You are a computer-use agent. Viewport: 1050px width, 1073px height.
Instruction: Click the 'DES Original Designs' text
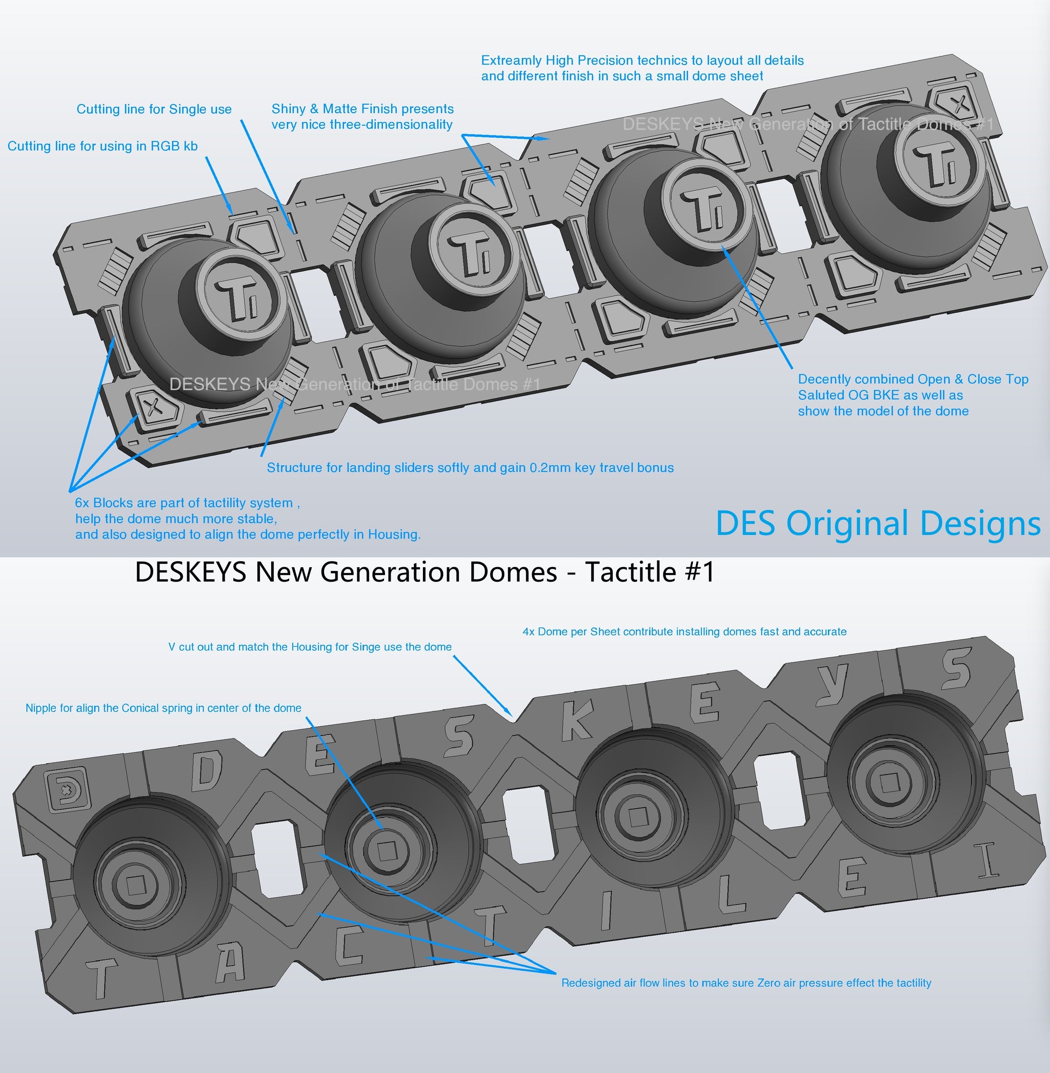[x=878, y=523]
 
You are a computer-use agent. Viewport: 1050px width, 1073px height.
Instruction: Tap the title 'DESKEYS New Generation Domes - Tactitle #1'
[x=425, y=572]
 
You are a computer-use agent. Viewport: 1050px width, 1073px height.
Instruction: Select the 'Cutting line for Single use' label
[x=154, y=109]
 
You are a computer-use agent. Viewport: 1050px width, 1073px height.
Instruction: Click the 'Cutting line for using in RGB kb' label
[x=103, y=146]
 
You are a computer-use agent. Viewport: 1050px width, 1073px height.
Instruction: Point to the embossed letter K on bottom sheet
[x=577, y=721]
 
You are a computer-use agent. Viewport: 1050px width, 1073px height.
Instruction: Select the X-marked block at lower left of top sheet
[x=153, y=407]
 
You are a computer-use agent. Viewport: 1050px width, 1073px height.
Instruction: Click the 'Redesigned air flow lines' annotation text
[x=745, y=983]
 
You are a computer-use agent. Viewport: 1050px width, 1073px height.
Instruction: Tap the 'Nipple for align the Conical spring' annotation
[x=163, y=708]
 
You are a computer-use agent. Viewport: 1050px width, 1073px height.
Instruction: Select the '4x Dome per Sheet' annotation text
[x=684, y=632]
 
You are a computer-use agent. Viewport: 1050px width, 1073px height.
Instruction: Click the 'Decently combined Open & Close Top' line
[x=913, y=380]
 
